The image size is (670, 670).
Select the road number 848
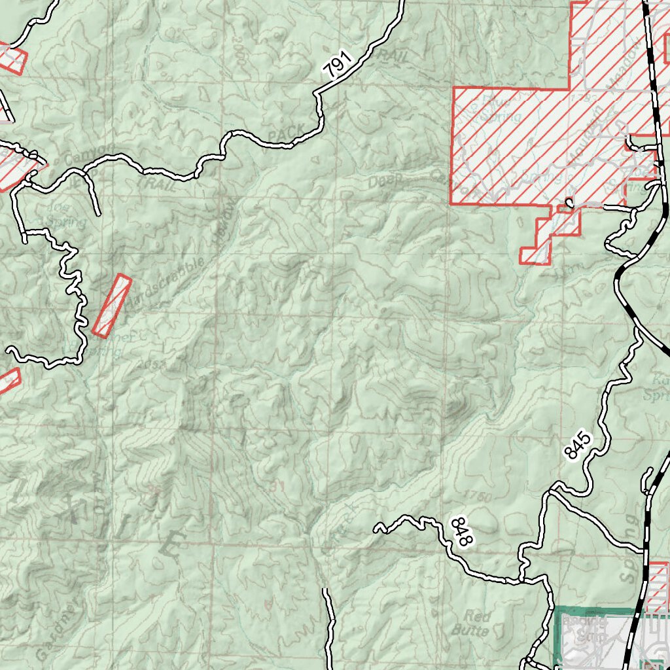461,531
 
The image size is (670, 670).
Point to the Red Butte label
476,623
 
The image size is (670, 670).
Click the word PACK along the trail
287,132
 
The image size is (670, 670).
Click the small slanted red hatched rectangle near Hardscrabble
112,306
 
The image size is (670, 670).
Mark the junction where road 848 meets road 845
523,580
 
